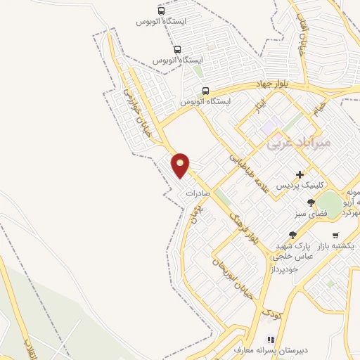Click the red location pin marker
point(181,165)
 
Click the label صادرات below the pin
point(199,192)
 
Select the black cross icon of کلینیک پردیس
point(300,174)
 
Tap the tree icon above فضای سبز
point(311,202)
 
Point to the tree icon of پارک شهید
point(292,235)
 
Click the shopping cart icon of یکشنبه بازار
point(335,235)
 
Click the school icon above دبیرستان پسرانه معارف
point(269,339)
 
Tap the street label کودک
point(269,309)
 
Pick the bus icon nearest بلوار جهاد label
point(205,91)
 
